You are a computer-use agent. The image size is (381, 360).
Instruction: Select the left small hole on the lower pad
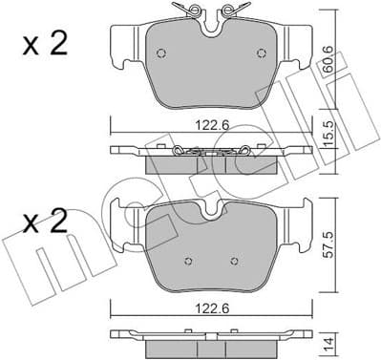pos(188,261)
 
